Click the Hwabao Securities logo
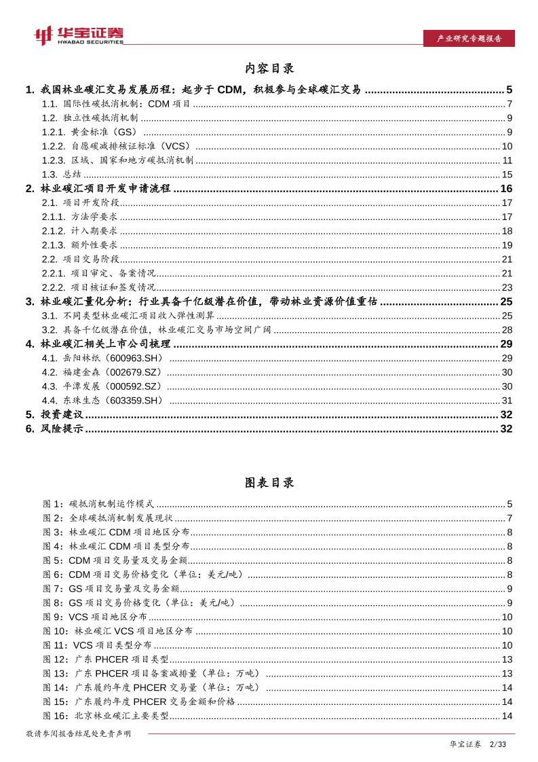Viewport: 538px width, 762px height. point(79,35)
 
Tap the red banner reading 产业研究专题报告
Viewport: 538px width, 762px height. point(467,39)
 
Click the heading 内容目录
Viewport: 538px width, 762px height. point(269,69)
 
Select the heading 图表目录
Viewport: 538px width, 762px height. point(269,483)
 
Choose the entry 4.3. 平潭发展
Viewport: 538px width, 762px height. point(102,386)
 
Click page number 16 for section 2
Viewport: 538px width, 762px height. point(506,189)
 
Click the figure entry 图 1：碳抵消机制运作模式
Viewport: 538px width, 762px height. point(98,504)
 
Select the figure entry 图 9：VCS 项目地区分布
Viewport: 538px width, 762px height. point(94,617)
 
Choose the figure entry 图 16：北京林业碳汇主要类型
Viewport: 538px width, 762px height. point(106,716)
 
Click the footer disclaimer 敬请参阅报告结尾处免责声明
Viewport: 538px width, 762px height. point(78,734)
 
